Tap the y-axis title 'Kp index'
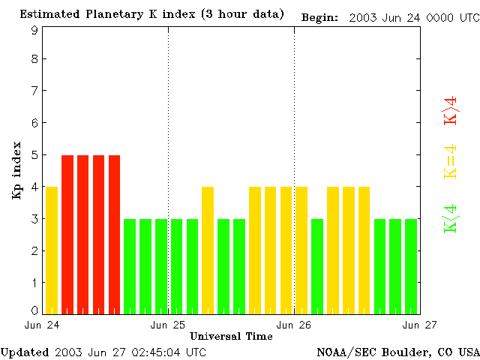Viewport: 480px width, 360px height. click(16, 170)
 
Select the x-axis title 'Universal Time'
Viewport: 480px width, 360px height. click(231, 336)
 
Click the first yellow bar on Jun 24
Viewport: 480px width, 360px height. click(52, 250)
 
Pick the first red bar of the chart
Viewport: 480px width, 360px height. click(67, 234)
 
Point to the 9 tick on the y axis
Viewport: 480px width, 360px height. click(34, 30)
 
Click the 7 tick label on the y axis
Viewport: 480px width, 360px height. click(34, 91)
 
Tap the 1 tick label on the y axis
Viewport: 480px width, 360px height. click(34, 283)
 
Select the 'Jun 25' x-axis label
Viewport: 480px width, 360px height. click(168, 325)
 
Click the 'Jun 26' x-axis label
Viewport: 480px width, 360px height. click(294, 325)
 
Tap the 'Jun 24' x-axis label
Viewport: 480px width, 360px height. click(42, 325)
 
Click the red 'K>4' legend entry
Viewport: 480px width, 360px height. click(451, 111)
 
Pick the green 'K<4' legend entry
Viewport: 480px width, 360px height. click(451, 218)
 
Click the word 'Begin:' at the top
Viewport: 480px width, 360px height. click(320, 16)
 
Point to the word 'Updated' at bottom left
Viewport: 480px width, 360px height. click(25, 352)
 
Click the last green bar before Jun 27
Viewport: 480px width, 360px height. click(411, 266)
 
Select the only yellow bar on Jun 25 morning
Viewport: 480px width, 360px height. click(208, 250)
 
